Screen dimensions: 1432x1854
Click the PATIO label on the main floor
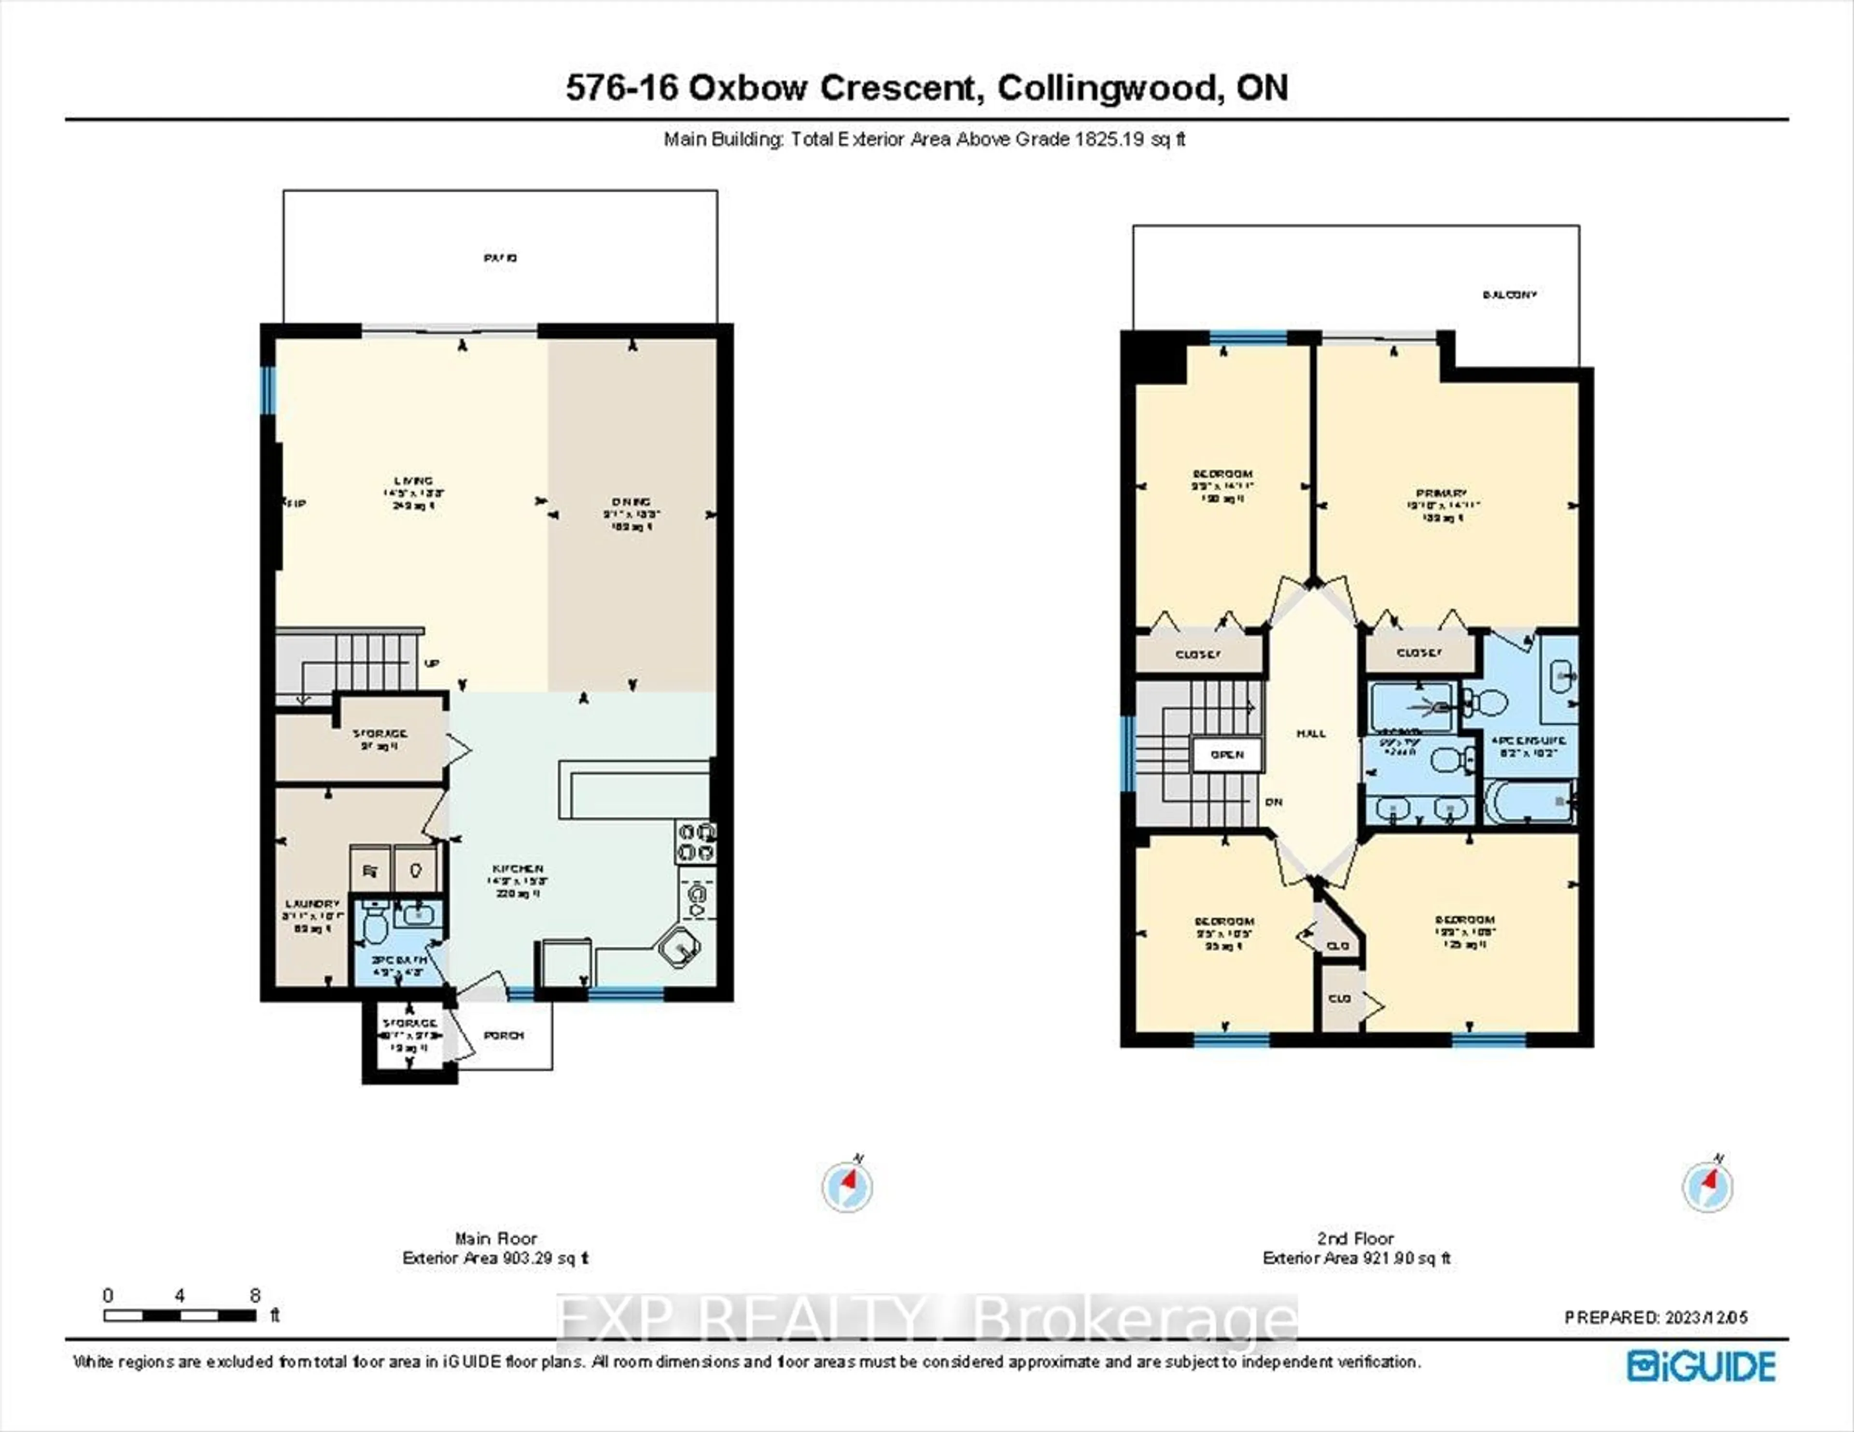[500, 257]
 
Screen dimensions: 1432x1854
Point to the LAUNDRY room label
[312, 904]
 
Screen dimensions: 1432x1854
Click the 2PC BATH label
[398, 960]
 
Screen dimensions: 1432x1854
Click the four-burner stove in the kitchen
[695, 841]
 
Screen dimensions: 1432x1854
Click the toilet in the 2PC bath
[374, 924]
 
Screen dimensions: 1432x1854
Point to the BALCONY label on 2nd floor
[1509, 295]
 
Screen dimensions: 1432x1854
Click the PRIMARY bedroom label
[1441, 493]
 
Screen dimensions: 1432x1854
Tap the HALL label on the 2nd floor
[1311, 733]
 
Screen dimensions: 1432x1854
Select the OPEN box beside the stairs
[1227, 755]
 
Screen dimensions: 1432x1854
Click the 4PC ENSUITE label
[1529, 740]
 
